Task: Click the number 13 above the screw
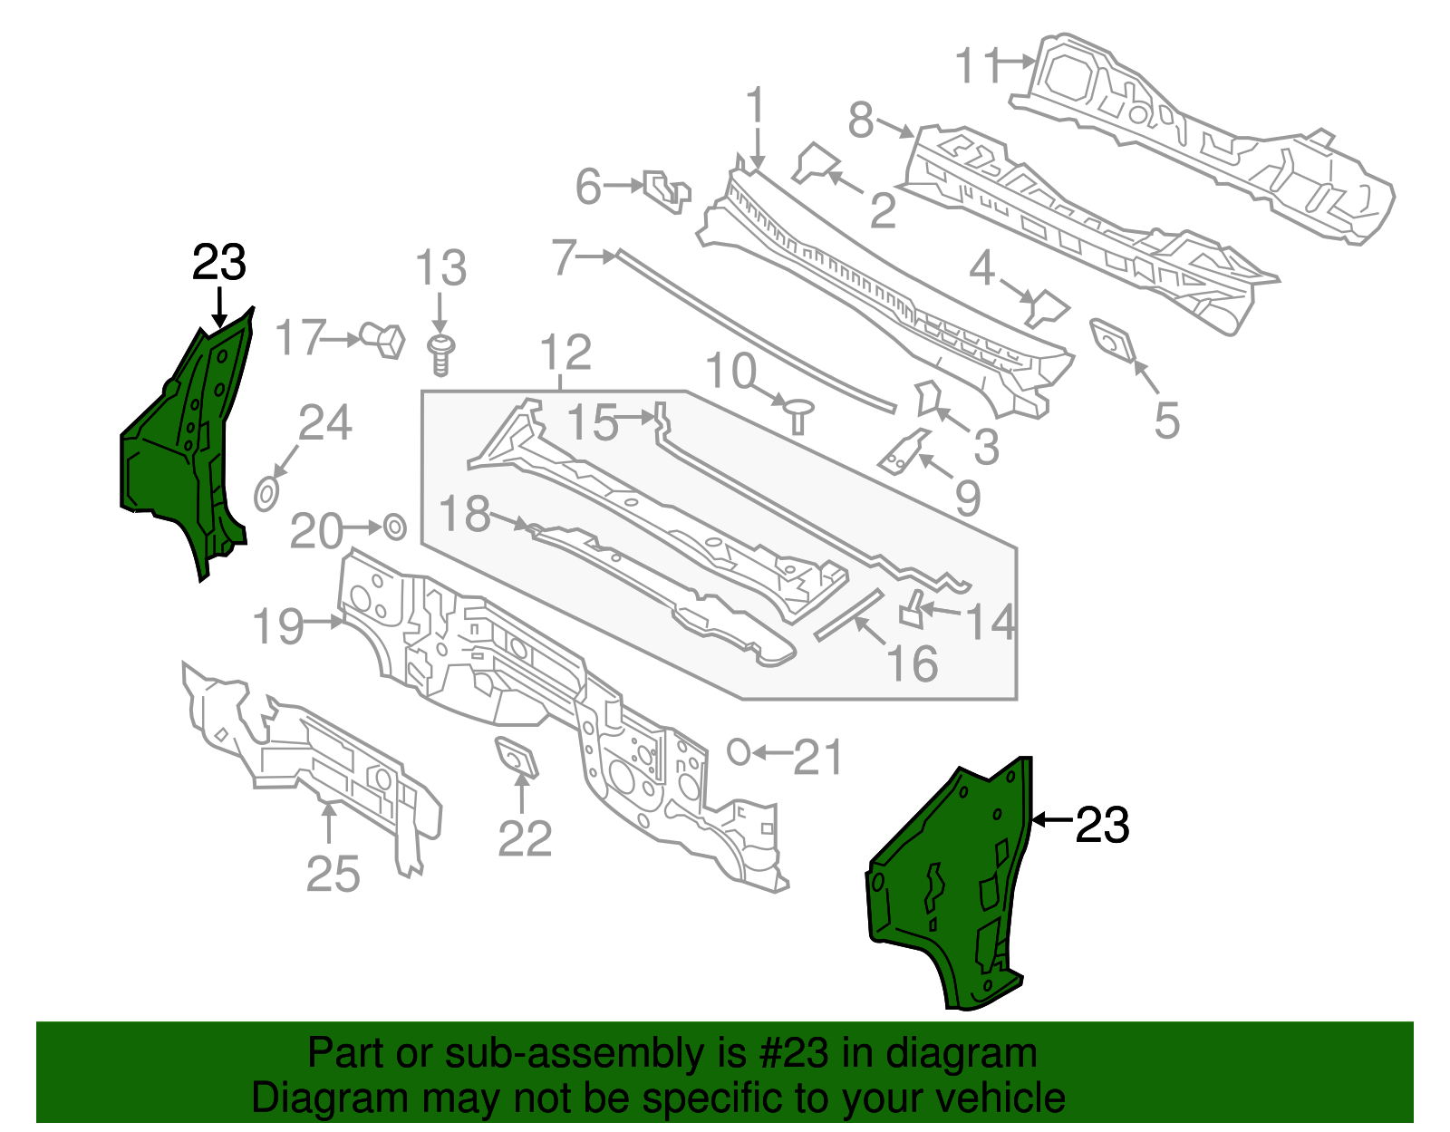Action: point(440,268)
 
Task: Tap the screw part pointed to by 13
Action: point(440,356)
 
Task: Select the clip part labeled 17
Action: point(382,340)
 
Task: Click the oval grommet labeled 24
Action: point(266,494)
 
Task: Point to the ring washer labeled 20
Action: point(395,527)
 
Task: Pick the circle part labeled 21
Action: point(739,752)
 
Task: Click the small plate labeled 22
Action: point(516,757)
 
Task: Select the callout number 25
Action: point(333,873)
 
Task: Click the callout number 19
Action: point(278,626)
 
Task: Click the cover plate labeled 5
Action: point(1112,341)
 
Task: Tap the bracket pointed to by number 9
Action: point(904,451)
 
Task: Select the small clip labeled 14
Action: point(913,609)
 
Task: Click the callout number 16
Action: point(913,663)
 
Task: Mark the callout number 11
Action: point(979,64)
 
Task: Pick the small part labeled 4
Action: point(1048,308)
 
